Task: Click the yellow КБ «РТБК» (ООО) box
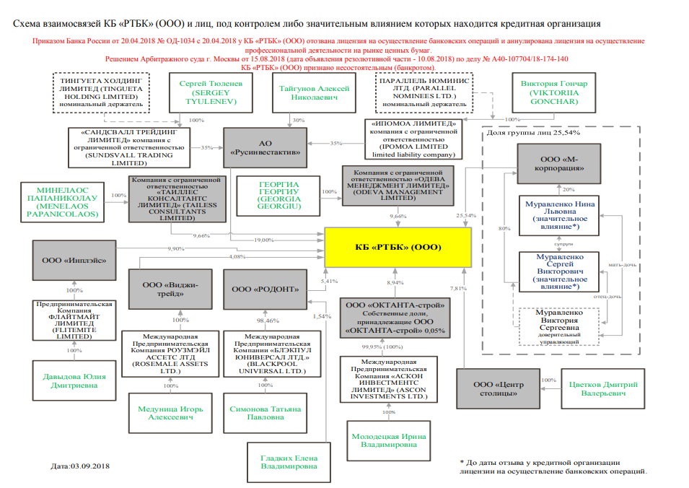point(398,247)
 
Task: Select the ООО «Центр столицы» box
point(497,388)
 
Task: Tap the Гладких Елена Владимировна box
point(289,462)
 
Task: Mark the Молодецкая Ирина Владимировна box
point(389,440)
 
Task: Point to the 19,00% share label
point(263,240)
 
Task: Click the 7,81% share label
point(457,289)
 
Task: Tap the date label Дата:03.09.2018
point(80,466)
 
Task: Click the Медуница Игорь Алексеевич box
point(170,413)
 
